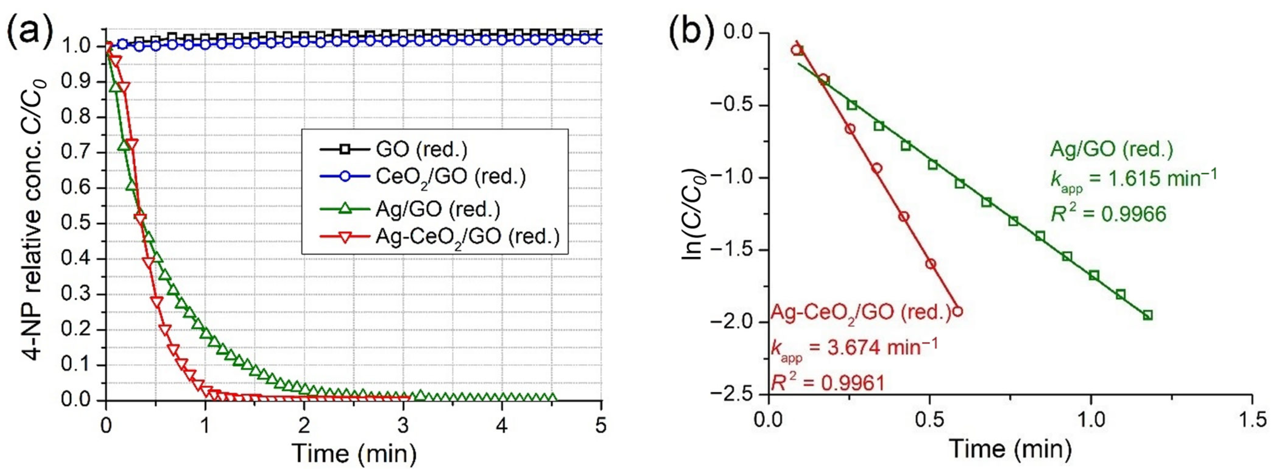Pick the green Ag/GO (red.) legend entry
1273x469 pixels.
(x=437, y=209)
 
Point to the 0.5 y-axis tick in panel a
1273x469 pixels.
(x=79, y=224)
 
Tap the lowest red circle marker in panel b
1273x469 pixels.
(x=957, y=311)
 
